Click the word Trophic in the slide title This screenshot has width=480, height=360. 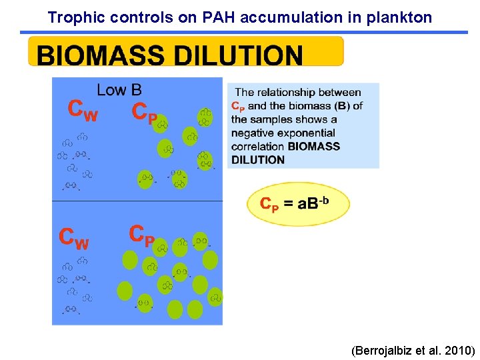pyautogui.click(x=71, y=17)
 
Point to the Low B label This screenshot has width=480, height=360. pyautogui.click(x=119, y=89)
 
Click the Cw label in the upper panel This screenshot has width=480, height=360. pyautogui.click(x=83, y=111)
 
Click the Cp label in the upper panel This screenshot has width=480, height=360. pyautogui.click(x=145, y=112)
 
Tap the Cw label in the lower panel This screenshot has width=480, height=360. pyautogui.click(x=73, y=238)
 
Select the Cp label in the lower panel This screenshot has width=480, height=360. pyautogui.click(x=141, y=235)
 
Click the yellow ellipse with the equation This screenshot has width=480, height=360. pyautogui.click(x=298, y=203)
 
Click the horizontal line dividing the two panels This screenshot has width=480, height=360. pyautogui.click(x=137, y=201)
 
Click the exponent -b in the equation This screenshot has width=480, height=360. pyautogui.click(x=325, y=197)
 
